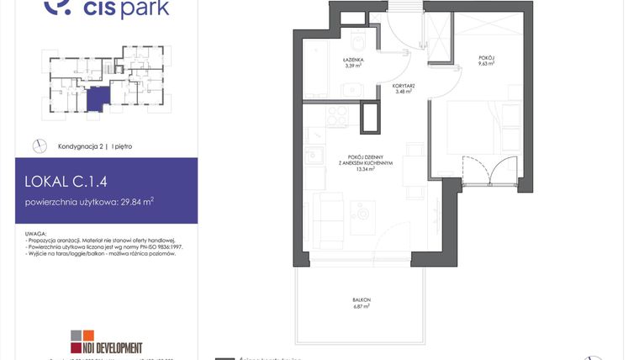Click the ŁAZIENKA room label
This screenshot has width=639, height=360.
352,60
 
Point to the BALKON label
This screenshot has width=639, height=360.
362,300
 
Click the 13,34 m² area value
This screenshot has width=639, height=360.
364,168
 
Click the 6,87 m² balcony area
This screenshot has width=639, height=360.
362,307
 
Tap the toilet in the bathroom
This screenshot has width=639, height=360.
357,41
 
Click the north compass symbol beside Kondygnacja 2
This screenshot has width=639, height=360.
39,146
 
